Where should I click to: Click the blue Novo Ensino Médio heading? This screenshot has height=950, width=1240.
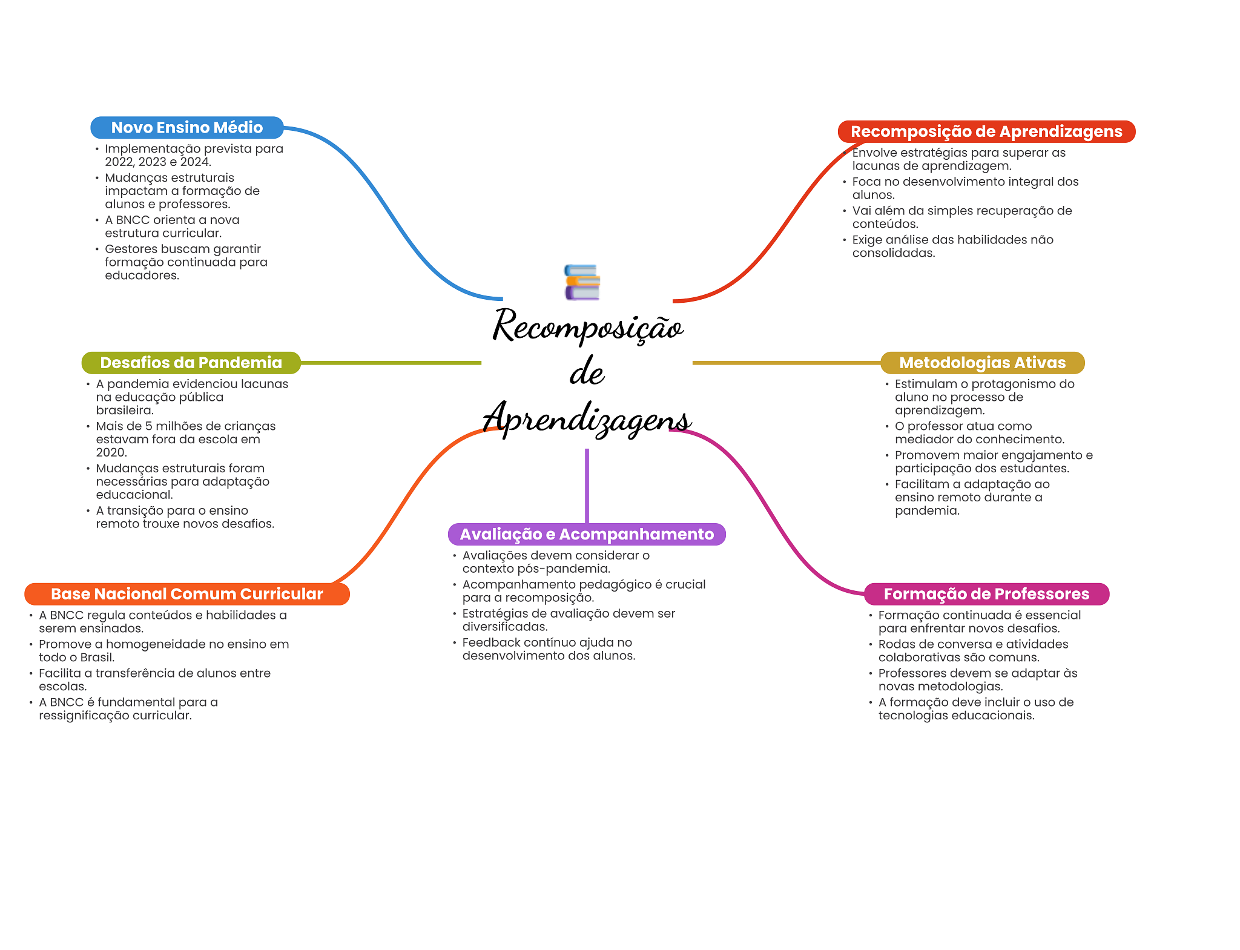point(186,128)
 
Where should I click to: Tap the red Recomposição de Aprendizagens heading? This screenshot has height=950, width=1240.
point(986,131)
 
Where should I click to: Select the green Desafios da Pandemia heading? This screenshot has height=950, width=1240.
point(191,363)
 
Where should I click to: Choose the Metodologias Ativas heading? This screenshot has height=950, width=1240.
point(982,363)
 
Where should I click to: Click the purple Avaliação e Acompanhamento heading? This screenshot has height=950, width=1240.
point(586,534)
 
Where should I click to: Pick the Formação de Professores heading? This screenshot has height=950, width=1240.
point(986,594)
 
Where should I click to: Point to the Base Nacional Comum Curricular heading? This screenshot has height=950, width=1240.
point(186,594)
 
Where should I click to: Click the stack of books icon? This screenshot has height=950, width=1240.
point(582,282)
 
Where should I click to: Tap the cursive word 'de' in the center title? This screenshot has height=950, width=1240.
point(587,372)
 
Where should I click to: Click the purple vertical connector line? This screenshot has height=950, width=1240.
point(587,484)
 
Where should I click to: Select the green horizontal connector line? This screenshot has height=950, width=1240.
point(391,363)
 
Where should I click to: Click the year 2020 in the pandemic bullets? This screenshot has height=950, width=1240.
point(111,452)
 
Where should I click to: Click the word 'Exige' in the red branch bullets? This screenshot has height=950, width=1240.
point(867,240)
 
